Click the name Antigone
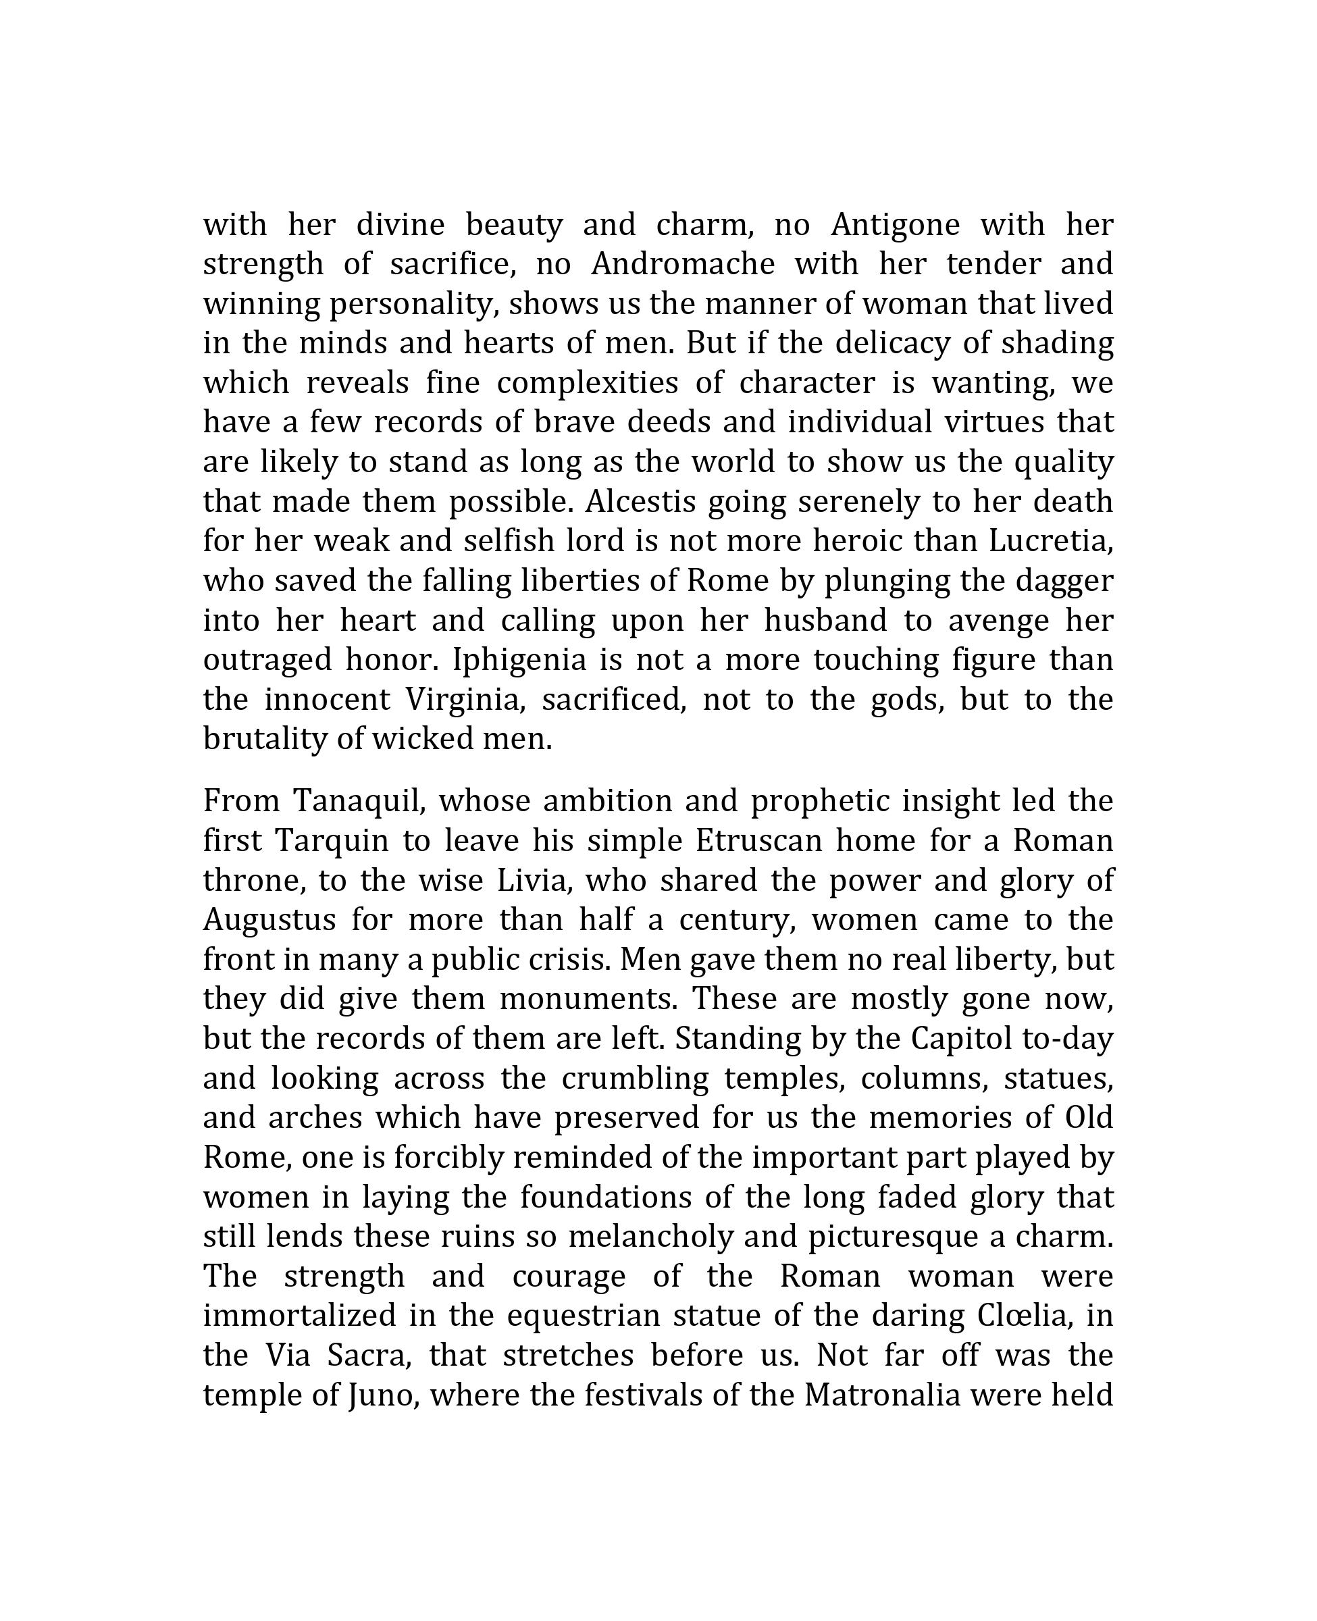tap(895, 226)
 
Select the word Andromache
tap(683, 265)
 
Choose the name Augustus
tap(269, 920)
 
